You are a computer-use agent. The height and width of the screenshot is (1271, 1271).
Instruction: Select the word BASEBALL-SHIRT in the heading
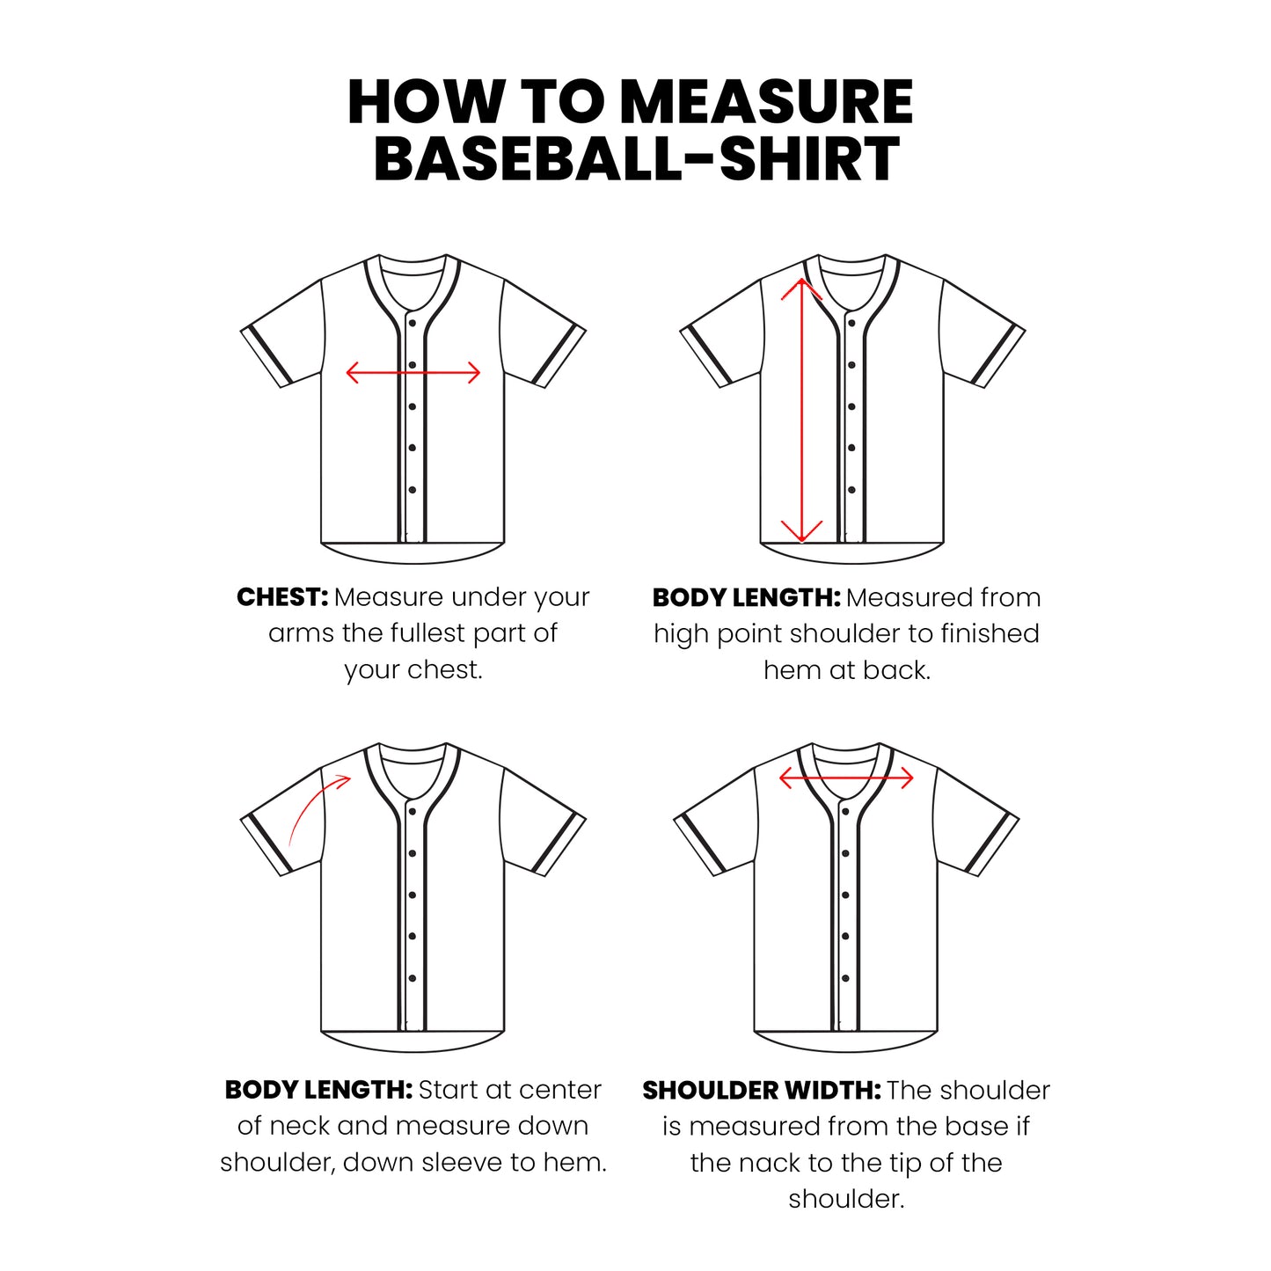pos(636,159)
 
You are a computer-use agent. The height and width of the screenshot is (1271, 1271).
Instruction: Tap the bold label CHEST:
pos(282,597)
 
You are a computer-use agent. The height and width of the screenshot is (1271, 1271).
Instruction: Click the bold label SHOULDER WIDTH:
pos(762,1090)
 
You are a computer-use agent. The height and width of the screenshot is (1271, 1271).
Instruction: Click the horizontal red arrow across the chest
pos(413,373)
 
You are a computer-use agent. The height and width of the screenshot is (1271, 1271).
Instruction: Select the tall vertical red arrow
pos(801,410)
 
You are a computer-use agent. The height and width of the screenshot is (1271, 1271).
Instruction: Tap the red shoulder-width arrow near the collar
pos(846,778)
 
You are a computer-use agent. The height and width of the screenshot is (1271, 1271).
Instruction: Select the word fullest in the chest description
pos(427,633)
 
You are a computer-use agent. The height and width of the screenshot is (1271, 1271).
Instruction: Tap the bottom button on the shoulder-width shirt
pos(845,978)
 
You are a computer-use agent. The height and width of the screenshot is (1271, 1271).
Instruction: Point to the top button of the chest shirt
pos(412,324)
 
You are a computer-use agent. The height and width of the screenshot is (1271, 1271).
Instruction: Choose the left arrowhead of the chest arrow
pos(353,373)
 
